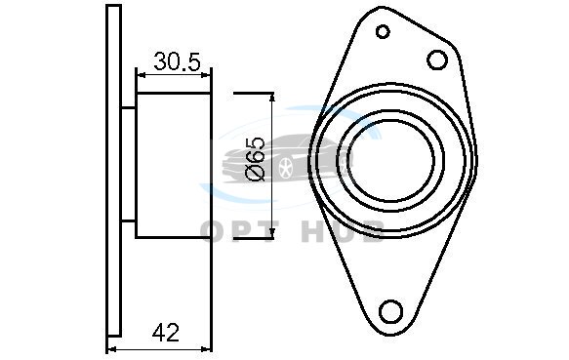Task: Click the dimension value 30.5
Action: coord(177,61)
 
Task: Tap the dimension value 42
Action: coord(166,333)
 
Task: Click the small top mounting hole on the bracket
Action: coord(383,31)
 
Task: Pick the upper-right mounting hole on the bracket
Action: coord(437,60)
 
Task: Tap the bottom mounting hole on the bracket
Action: coord(390,311)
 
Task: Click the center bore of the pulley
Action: coord(390,161)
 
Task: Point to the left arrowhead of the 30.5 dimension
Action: coord(141,75)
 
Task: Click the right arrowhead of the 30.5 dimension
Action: coord(206,75)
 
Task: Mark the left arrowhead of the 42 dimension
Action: coord(112,349)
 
